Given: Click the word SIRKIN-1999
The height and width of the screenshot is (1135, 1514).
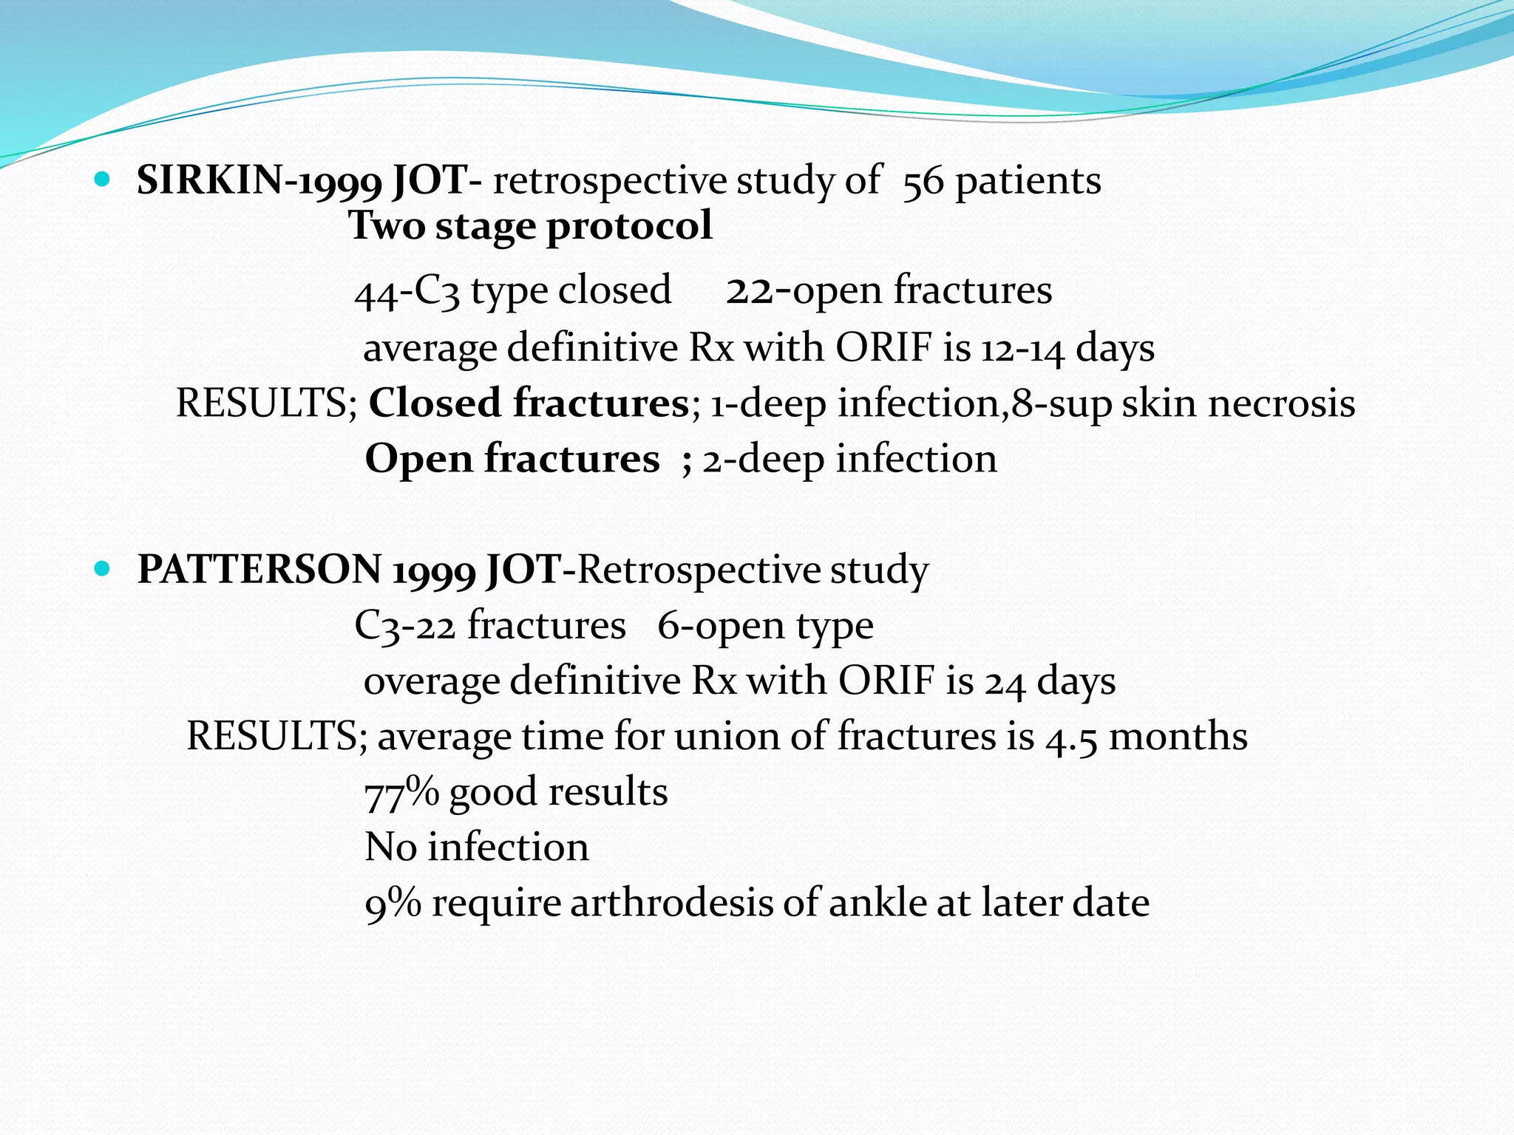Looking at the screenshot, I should tap(259, 181).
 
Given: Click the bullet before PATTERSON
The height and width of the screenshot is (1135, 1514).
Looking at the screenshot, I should tap(103, 569).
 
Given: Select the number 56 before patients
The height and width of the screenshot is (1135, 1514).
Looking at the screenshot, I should tap(923, 181).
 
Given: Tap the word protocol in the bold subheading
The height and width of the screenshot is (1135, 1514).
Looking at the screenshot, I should tap(629, 225).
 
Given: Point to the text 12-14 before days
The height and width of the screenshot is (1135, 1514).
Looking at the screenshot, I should tap(1022, 348).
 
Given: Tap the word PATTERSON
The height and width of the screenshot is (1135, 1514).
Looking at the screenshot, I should tap(259, 570).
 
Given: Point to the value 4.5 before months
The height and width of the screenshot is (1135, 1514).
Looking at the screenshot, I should tap(1071, 737).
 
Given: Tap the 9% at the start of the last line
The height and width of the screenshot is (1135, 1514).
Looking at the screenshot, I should tap(393, 903).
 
